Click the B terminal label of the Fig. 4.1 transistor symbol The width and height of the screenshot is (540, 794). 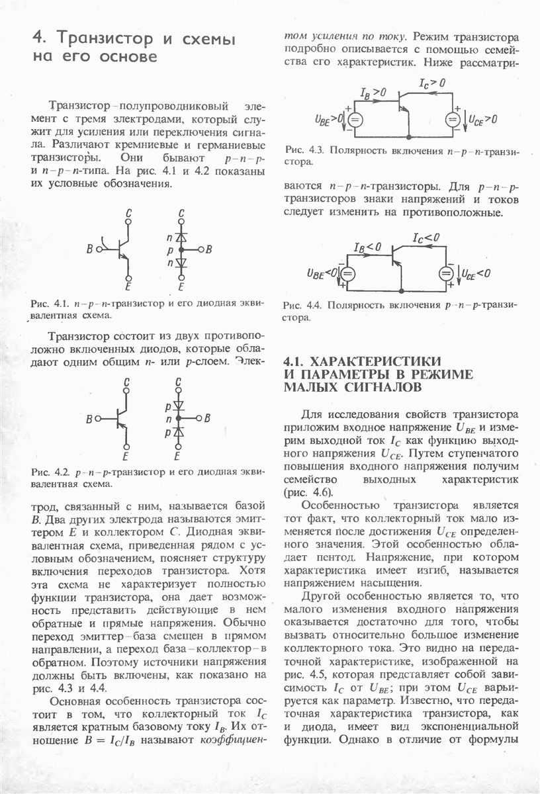[89, 249]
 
